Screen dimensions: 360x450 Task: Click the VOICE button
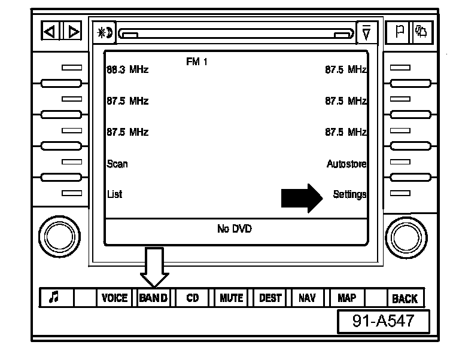tap(114, 298)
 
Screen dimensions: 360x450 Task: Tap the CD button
tap(193, 298)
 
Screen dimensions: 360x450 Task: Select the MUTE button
tap(231, 298)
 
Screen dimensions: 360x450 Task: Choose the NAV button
tap(307, 298)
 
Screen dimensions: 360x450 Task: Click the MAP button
tap(346, 298)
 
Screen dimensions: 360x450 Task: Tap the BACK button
tap(405, 298)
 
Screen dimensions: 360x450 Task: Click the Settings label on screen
tap(349, 194)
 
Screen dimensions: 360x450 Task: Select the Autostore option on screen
tap(346, 163)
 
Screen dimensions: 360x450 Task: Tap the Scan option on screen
tap(117, 163)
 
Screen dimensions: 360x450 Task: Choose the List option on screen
tap(114, 194)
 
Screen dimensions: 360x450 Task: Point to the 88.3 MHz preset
tap(127, 70)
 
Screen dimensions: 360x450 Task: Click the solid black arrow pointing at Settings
tap(302, 197)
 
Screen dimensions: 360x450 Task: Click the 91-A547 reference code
tap(383, 321)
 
